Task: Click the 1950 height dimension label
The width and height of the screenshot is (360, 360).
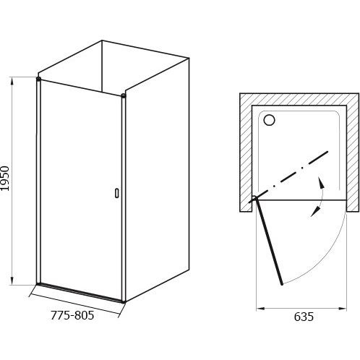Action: [5, 179]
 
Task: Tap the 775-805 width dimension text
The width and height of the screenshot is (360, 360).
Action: [72, 315]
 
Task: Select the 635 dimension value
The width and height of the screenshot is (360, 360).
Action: [304, 317]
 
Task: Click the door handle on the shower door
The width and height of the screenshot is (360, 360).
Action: [117, 193]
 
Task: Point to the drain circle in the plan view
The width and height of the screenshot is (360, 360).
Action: [269, 119]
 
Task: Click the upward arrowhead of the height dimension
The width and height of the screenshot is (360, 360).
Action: [12, 82]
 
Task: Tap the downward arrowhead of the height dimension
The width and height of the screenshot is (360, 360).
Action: [12, 280]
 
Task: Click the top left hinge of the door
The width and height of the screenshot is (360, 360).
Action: [38, 79]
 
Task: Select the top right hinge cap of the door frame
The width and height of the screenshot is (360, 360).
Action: [124, 95]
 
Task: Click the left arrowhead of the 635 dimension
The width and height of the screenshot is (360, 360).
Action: [260, 308]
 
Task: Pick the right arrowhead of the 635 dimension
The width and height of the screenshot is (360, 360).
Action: [342, 308]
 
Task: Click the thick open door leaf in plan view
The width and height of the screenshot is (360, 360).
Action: [269, 241]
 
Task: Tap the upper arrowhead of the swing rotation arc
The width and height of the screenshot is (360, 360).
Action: [320, 182]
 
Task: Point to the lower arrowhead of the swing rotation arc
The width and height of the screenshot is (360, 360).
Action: [314, 213]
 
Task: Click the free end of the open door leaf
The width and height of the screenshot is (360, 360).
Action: [282, 284]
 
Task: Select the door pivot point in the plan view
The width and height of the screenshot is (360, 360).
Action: [255, 197]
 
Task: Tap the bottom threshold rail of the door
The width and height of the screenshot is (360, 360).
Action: [81, 292]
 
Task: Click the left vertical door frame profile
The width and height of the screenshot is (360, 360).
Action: [38, 181]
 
